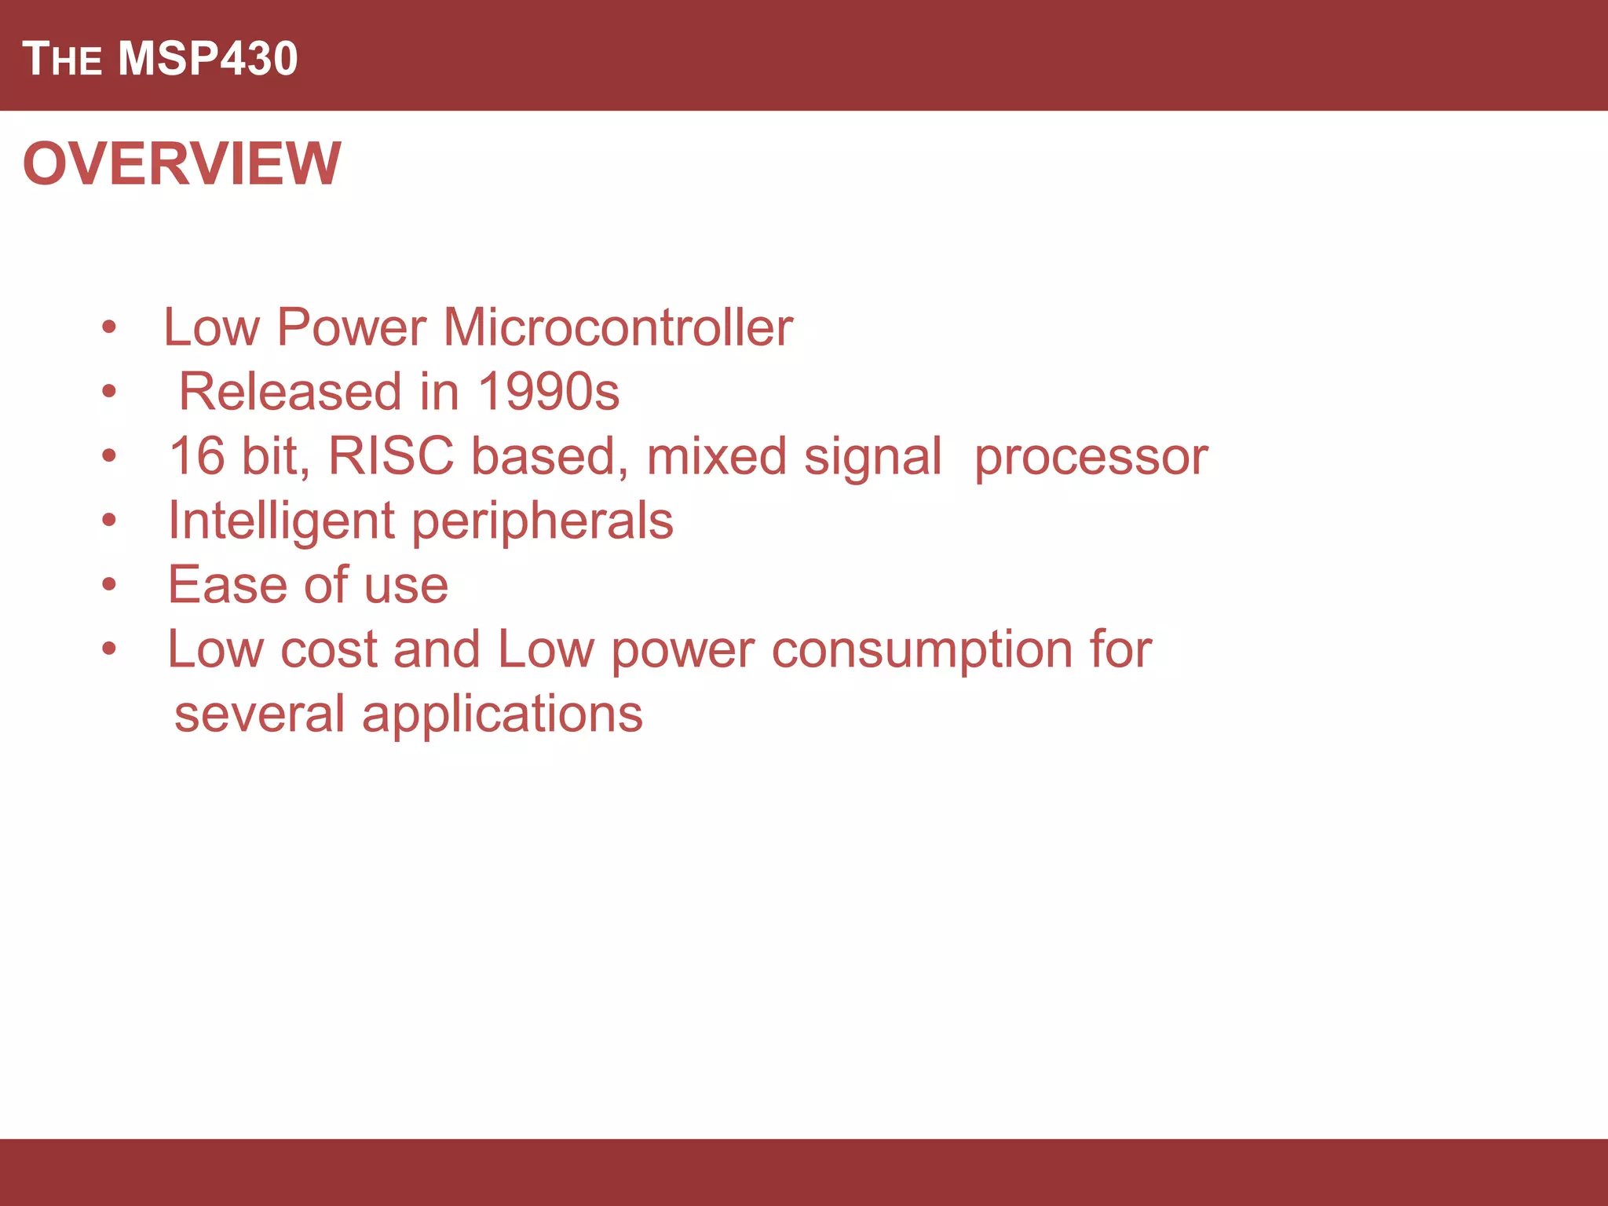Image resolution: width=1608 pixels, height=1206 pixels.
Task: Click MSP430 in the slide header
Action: pos(208,59)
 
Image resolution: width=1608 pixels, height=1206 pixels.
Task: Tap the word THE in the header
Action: pos(62,59)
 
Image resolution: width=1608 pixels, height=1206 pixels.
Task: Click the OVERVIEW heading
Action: pos(182,163)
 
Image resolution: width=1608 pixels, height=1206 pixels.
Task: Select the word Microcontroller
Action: pos(618,327)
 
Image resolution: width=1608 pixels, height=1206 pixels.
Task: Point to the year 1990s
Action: pos(548,391)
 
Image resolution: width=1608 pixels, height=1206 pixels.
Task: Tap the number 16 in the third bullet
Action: pos(197,455)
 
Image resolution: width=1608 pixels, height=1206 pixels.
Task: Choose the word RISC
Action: pos(391,455)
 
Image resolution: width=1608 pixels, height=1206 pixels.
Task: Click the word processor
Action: pos(1091,457)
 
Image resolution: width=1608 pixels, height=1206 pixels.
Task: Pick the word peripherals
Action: pos(543,521)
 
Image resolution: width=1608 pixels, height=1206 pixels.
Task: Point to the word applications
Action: pos(502,714)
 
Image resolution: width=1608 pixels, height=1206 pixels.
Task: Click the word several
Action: pos(259,714)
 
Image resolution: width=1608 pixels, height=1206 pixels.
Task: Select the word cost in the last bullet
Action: pos(329,650)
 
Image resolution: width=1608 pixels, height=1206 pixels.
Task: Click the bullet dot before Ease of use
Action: pos(109,584)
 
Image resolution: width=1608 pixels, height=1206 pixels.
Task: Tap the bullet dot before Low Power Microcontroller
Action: pos(109,327)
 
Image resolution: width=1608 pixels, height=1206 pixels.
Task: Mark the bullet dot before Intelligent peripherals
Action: pos(109,520)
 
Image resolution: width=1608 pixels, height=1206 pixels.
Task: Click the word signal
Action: pos(872,457)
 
